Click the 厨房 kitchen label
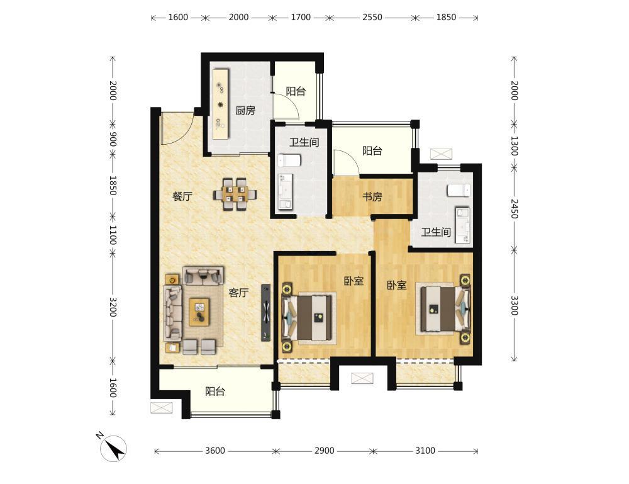click(x=245, y=110)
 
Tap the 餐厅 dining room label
click(x=182, y=196)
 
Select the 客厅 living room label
click(x=238, y=293)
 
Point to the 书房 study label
click(x=372, y=197)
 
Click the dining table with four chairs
click(x=235, y=194)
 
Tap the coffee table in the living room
click(x=199, y=312)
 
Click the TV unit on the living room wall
click(x=265, y=313)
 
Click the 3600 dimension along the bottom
click(x=215, y=451)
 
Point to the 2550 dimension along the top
click(x=372, y=17)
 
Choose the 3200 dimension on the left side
click(x=113, y=307)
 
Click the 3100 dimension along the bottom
click(x=425, y=451)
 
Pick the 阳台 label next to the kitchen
click(x=296, y=91)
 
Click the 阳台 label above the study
click(x=372, y=151)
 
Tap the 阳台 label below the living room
click(x=215, y=391)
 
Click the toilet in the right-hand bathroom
click(x=459, y=190)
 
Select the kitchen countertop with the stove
click(x=221, y=104)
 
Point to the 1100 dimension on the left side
click(x=113, y=234)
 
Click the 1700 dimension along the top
click(x=301, y=17)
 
